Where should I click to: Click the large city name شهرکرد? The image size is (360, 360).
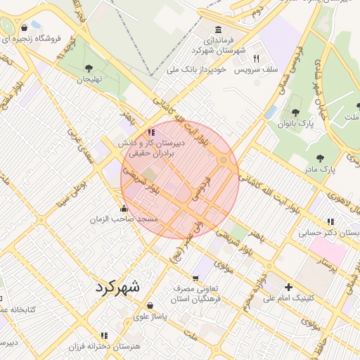click(x=116, y=286)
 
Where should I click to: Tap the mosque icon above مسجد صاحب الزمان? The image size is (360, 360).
click(x=124, y=208)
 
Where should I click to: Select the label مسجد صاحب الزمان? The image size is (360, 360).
click(x=124, y=220)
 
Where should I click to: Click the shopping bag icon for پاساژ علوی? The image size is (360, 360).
click(x=150, y=306)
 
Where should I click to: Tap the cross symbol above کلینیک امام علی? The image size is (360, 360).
click(x=288, y=287)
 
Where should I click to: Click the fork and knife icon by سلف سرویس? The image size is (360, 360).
click(x=257, y=59)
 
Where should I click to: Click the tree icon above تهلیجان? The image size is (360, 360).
click(x=88, y=68)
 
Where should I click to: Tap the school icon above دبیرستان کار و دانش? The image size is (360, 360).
click(x=150, y=131)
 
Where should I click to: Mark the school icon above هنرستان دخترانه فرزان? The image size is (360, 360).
click(x=105, y=336)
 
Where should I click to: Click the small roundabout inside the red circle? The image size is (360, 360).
click(x=224, y=160)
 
